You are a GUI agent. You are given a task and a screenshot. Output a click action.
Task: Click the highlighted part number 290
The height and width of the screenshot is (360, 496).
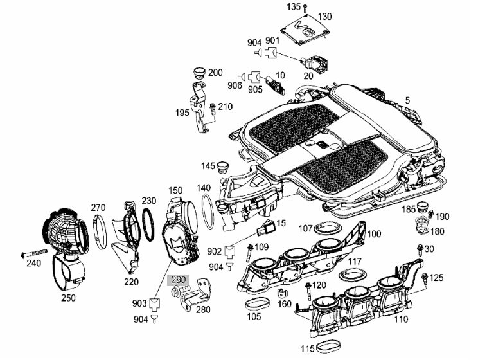click(177, 280)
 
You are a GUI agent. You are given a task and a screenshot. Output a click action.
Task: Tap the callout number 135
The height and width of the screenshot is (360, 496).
click(293, 6)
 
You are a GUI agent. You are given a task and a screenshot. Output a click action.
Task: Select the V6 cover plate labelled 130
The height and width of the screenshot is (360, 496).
click(303, 31)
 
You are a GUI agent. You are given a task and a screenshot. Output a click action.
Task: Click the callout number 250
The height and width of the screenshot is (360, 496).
click(67, 298)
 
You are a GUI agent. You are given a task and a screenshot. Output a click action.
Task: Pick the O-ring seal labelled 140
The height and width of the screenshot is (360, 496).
click(207, 212)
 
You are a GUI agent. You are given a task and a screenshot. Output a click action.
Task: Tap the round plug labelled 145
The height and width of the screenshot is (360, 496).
click(224, 167)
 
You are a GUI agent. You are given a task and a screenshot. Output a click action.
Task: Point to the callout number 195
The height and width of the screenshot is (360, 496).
click(182, 113)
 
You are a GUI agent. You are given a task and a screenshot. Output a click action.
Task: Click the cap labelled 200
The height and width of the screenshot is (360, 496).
click(197, 73)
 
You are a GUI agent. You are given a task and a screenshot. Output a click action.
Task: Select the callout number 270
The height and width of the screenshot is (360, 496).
click(98, 208)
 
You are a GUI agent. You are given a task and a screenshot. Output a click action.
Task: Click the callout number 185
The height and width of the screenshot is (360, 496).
click(409, 210)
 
